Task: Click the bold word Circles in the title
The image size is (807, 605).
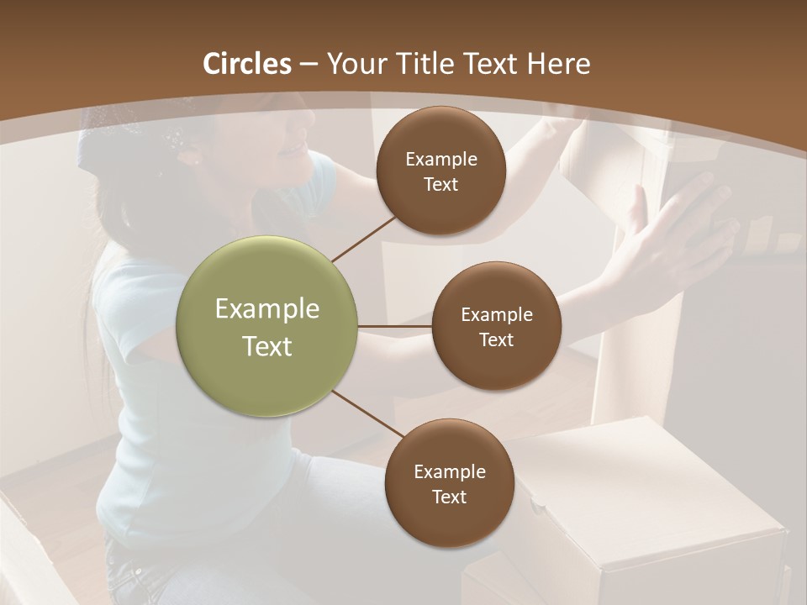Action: pyautogui.click(x=247, y=64)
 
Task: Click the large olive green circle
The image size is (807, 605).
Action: pyautogui.click(x=267, y=326)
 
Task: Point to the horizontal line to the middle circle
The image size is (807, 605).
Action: pyautogui.click(x=395, y=326)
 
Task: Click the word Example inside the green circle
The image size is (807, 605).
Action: pyautogui.click(x=267, y=309)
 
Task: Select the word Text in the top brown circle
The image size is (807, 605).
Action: pyautogui.click(x=440, y=185)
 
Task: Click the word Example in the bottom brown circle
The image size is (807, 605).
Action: pyautogui.click(x=449, y=472)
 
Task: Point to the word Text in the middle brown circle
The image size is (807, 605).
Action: pyautogui.click(x=496, y=340)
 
